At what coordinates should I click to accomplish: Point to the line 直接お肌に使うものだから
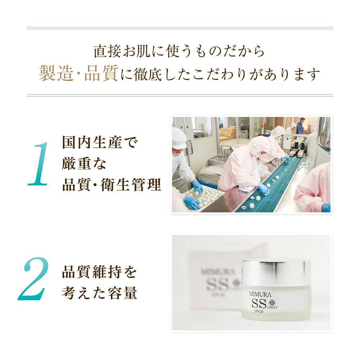point(179,51)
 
